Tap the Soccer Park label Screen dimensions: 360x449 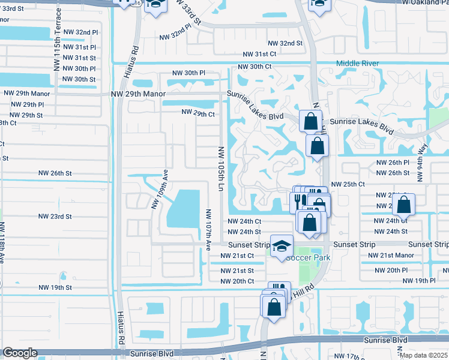[x=308, y=257]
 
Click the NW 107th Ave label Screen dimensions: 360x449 [x=209, y=229]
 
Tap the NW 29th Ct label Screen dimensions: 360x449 [x=198, y=113]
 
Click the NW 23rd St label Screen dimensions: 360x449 [x=55, y=217]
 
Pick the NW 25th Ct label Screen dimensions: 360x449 [x=348, y=184]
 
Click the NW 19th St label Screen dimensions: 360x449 [x=55, y=287]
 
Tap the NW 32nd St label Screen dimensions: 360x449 [x=285, y=43]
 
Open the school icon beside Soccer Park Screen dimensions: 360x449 [x=281, y=247]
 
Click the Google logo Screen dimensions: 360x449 [x=19, y=353]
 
